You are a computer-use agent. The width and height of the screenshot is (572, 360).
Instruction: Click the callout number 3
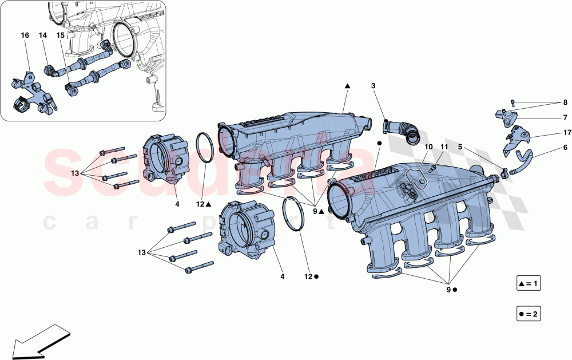pos(373,86)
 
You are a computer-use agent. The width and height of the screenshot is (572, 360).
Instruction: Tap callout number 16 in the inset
pos(25,35)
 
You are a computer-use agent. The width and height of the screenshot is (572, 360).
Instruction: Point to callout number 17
pos(566,133)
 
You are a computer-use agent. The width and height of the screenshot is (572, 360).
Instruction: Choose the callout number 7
pos(565,117)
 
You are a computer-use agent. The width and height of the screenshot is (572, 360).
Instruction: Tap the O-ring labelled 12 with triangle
pos(206,148)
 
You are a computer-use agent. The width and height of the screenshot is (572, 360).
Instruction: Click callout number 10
pos(428,147)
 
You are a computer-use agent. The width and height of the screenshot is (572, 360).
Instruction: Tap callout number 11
pos(444,147)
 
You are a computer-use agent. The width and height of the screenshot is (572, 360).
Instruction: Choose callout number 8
pos(565,103)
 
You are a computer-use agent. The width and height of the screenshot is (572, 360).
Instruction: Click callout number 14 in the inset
pos(43,35)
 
